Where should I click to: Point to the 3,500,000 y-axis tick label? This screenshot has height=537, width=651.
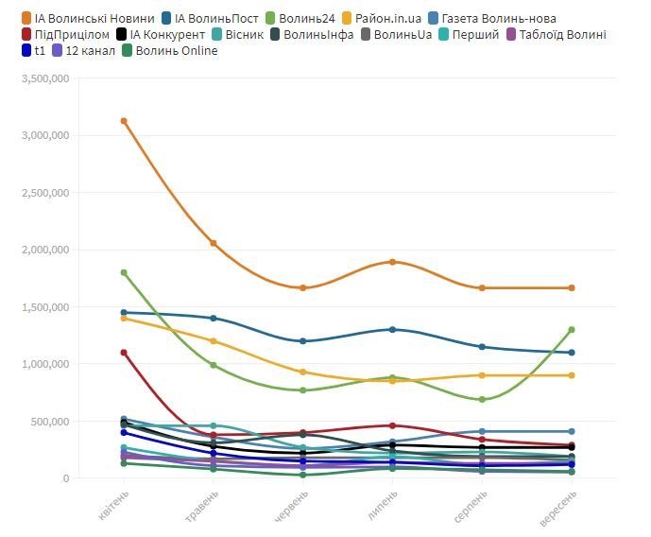44,79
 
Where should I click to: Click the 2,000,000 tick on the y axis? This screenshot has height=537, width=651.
44,251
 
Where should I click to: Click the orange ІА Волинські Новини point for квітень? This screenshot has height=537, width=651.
124,121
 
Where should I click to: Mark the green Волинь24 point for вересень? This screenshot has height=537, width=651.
572,330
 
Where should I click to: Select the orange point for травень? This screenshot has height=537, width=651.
214,243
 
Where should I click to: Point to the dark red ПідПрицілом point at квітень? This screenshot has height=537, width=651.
124,353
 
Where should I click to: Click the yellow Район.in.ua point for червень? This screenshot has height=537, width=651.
303,372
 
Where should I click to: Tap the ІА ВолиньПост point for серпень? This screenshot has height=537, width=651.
482,347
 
